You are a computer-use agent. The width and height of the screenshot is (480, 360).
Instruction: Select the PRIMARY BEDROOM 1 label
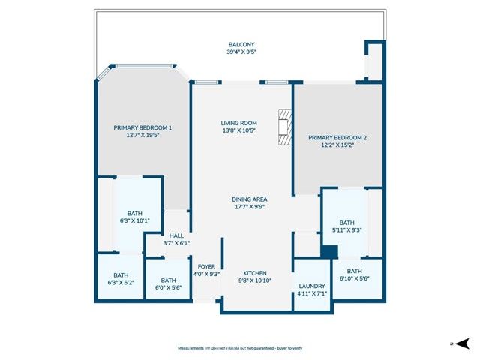click(x=142, y=128)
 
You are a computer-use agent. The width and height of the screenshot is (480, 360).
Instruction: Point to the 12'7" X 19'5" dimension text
click(x=142, y=136)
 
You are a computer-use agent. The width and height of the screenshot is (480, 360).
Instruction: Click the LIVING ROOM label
click(x=238, y=123)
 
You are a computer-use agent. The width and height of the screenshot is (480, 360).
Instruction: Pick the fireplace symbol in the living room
click(x=283, y=127)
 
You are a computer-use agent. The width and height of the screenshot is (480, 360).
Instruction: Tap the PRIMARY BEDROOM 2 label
click(x=337, y=138)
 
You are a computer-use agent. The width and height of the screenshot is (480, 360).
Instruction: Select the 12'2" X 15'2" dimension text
click(x=337, y=146)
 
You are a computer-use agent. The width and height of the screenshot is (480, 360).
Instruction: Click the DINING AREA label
click(x=249, y=199)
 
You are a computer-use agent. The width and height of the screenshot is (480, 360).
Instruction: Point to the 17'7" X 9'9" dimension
click(x=249, y=207)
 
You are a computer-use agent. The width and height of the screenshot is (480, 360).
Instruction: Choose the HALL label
click(x=176, y=235)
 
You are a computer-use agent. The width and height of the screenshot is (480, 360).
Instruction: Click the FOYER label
click(x=206, y=266)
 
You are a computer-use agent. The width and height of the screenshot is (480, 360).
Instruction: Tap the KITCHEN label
click(x=255, y=273)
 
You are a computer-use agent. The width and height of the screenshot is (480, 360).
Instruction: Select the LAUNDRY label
click(x=311, y=285)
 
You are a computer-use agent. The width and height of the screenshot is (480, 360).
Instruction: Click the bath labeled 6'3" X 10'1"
click(x=135, y=213)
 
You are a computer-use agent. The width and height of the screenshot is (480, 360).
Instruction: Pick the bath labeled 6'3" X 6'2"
click(x=120, y=275)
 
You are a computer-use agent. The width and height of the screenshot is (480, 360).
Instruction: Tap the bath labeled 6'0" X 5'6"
click(x=167, y=280)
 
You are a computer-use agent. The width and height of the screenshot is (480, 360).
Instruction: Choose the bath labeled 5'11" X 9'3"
click(x=346, y=223)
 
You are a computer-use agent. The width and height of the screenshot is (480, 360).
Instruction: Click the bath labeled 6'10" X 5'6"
click(x=355, y=271)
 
